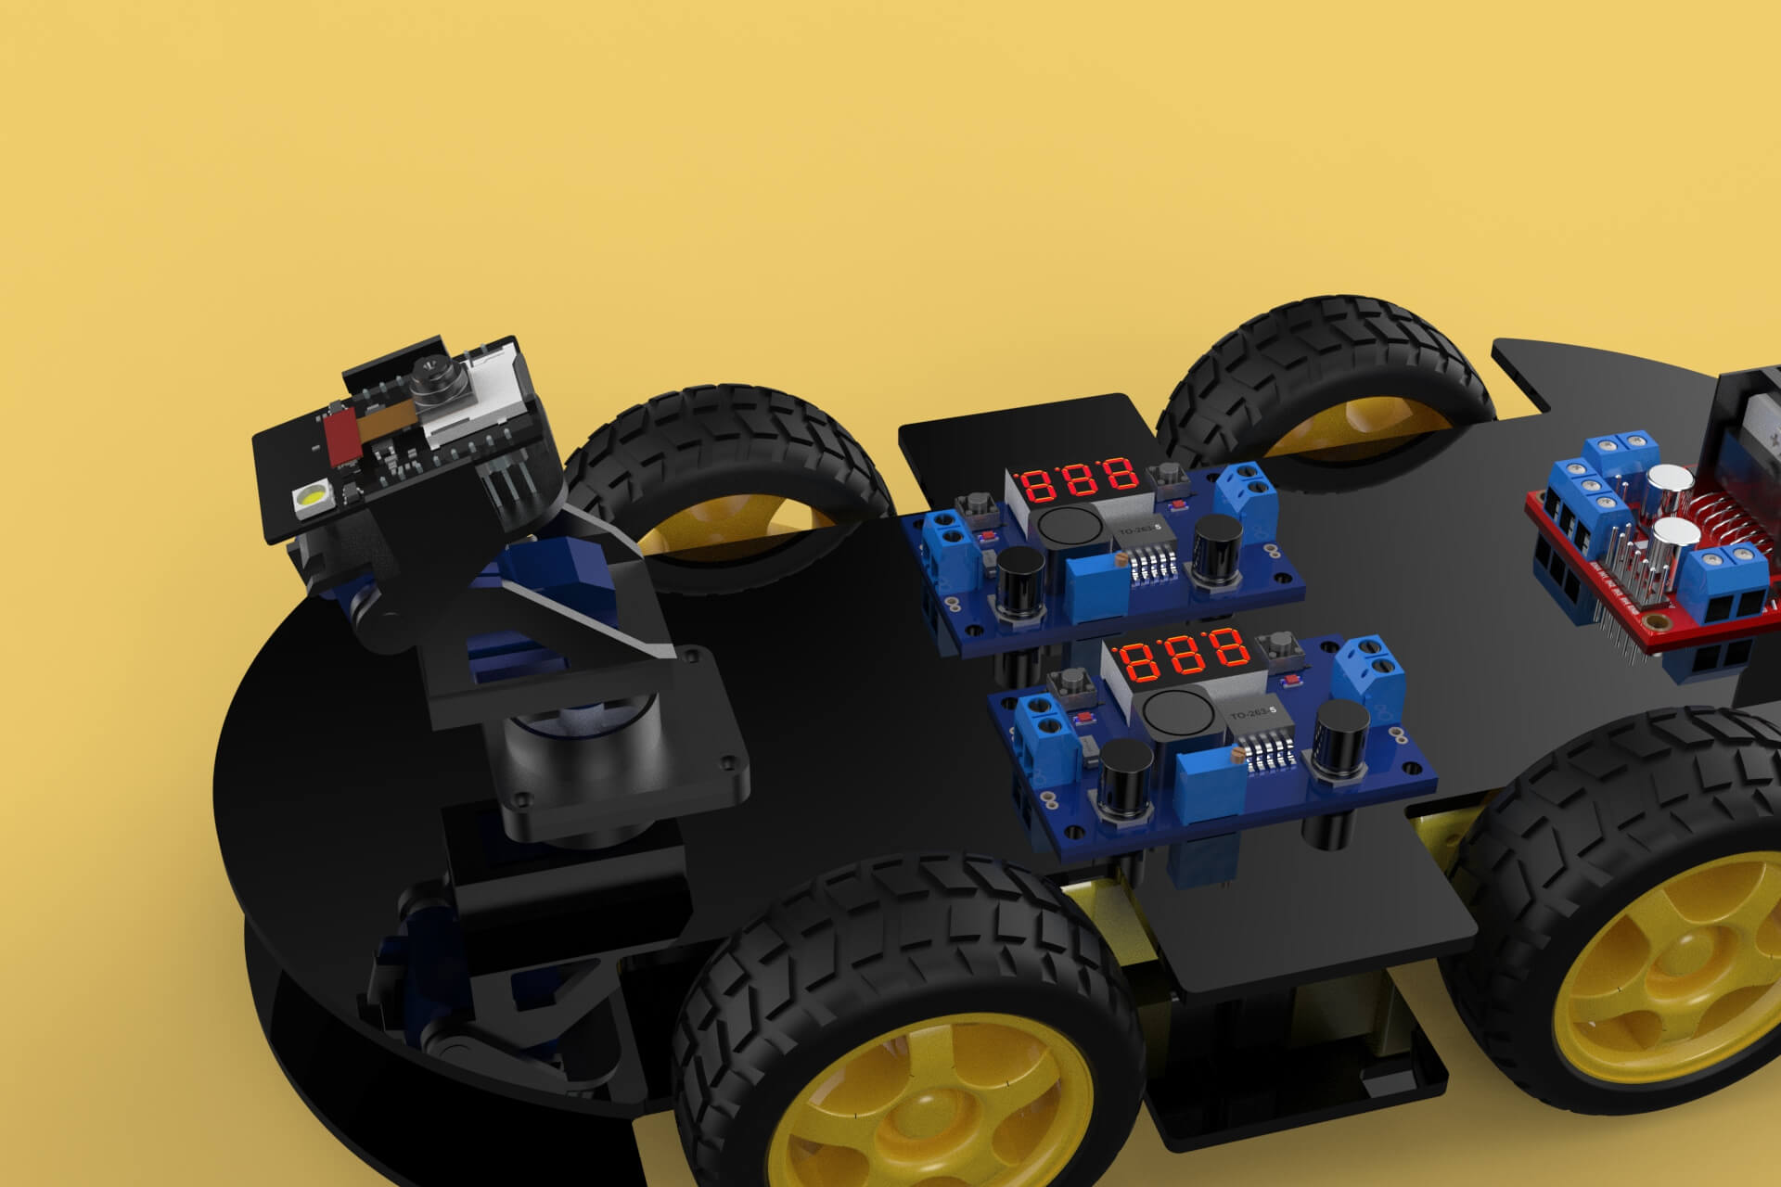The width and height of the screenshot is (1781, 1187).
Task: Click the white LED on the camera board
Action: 307,500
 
